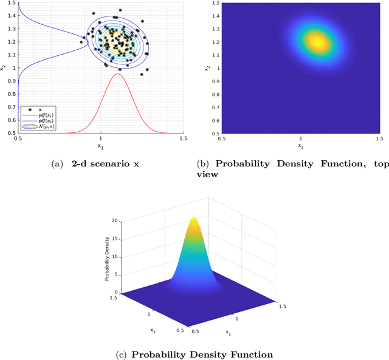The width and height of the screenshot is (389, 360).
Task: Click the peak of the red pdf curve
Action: (x=117, y=74)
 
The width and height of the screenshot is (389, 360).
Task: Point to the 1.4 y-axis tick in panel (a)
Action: (x=12, y=29)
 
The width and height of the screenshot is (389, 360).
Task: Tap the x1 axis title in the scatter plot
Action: (x=101, y=146)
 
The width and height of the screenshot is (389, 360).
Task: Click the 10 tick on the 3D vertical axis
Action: (x=116, y=257)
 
